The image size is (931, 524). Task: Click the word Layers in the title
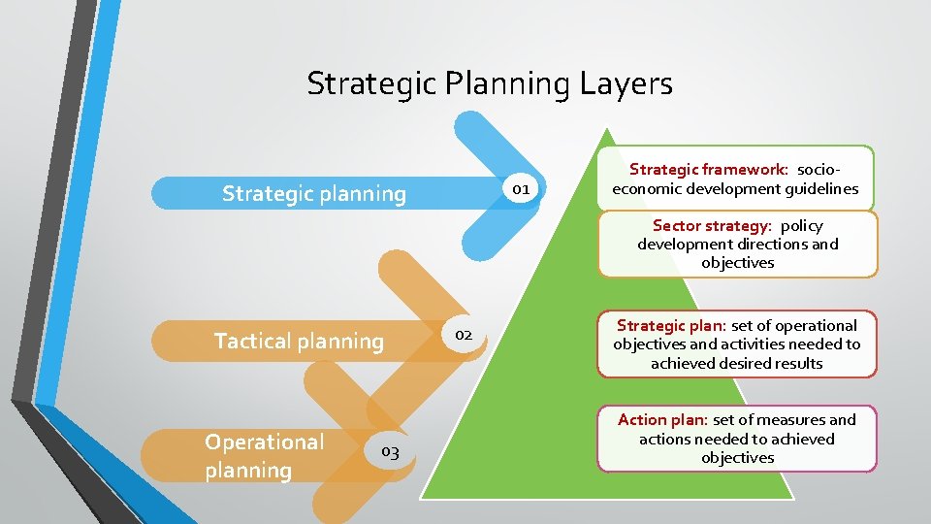[x=626, y=84]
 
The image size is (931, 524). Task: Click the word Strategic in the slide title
[x=372, y=84]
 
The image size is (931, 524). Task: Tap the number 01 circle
[x=521, y=188]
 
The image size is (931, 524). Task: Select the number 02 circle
[x=464, y=335]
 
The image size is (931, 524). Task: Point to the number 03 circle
[x=390, y=451]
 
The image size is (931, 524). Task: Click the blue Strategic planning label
[x=314, y=193]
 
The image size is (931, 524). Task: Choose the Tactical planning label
[x=299, y=341]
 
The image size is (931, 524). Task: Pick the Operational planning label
[x=264, y=456]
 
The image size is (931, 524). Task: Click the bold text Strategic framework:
[x=709, y=170]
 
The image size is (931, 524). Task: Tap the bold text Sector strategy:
[x=712, y=225]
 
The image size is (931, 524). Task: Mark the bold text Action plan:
[x=662, y=419]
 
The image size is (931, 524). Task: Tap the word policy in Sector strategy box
[x=801, y=225]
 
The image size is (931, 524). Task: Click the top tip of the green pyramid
[x=606, y=130]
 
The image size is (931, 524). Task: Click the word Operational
[x=264, y=442]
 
